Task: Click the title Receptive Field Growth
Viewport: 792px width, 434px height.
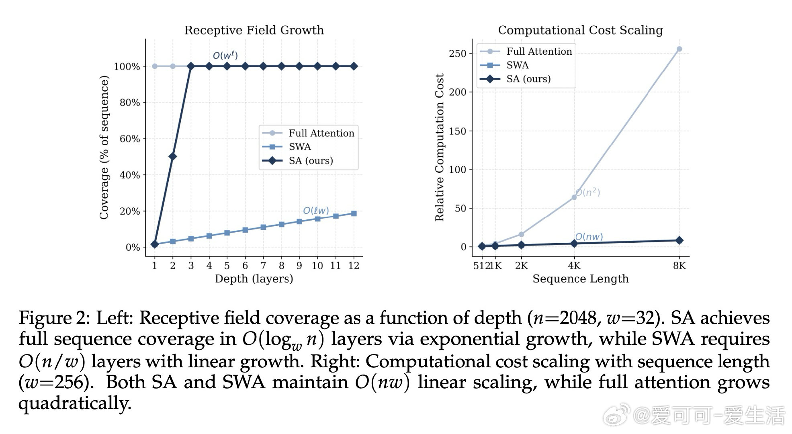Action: [x=254, y=30]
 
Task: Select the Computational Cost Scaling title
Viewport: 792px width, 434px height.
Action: [x=580, y=30]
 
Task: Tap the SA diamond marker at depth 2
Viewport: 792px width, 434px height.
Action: [x=173, y=156]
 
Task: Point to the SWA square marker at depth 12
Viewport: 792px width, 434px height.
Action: [x=354, y=213]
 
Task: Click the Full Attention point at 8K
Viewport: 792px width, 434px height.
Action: [x=679, y=49]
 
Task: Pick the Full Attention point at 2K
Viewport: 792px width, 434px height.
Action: [x=521, y=234]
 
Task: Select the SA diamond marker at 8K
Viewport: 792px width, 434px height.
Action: [x=679, y=240]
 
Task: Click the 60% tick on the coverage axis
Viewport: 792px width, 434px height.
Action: [x=129, y=139]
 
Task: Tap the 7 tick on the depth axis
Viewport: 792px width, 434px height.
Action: [x=263, y=266]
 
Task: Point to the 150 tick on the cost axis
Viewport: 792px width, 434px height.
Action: [x=458, y=131]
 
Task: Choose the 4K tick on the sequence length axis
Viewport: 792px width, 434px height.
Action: [x=574, y=266]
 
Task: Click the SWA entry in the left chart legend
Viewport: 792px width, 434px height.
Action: [x=300, y=147]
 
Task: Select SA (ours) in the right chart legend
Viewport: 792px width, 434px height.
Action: [x=528, y=79]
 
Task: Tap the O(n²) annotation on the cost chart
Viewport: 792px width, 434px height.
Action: [x=588, y=192]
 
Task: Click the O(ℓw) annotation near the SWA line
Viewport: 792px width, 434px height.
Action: [x=316, y=211]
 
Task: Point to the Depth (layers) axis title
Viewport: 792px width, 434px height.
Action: [x=254, y=279]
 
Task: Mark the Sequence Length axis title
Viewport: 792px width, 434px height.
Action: [x=580, y=279]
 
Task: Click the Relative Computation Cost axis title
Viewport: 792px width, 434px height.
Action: [x=439, y=147]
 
